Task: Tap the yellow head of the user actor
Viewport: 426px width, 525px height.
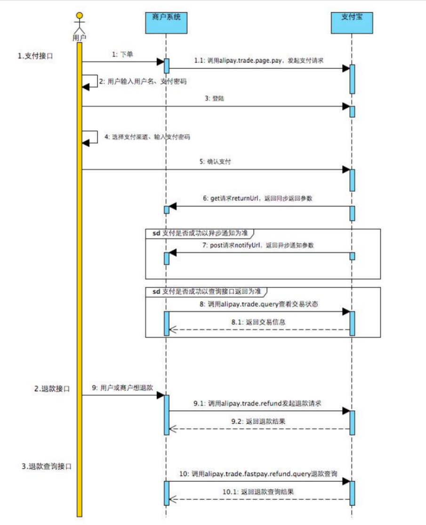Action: coord(80,16)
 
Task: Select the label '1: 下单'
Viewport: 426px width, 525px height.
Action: coord(122,55)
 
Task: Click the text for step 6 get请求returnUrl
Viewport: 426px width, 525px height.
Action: coord(258,199)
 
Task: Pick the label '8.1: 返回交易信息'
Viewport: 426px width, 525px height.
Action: coord(258,322)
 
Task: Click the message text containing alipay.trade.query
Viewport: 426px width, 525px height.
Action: coord(259,304)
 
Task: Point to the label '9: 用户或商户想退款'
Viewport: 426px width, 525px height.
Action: coord(124,387)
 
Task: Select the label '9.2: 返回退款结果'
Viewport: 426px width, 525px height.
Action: coord(258,422)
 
